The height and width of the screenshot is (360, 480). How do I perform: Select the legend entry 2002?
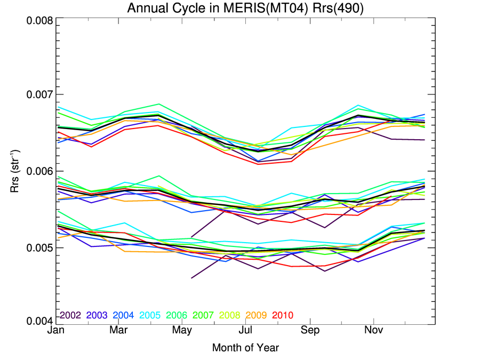click(70, 315)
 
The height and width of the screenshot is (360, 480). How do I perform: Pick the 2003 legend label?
click(98, 315)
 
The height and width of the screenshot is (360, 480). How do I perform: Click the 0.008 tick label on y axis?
click(39, 21)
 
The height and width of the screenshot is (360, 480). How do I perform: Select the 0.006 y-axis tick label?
click(39, 172)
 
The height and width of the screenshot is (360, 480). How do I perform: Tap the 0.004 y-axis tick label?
click(39, 322)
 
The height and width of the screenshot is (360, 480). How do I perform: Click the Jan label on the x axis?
click(56, 331)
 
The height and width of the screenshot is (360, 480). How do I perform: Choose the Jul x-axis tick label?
click(245, 331)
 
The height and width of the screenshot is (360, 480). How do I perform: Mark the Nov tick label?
click(373, 331)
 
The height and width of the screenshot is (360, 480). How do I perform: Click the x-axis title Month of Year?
click(245, 348)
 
